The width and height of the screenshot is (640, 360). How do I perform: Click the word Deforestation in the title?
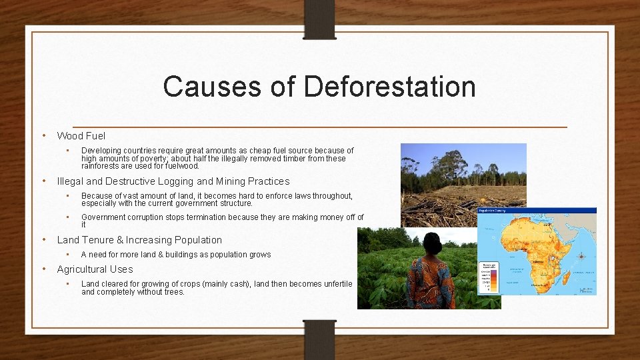[389, 87]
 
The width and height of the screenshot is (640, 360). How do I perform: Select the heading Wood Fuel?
[81, 136]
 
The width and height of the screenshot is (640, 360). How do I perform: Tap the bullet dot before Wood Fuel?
[43, 135]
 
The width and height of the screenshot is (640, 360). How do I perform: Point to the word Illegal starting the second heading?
[70, 181]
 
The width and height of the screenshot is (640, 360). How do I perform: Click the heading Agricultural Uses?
[95, 269]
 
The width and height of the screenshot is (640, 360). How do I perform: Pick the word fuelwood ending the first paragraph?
[181, 166]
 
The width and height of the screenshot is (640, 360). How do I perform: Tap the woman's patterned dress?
[430, 283]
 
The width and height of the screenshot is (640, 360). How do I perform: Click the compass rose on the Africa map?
[581, 256]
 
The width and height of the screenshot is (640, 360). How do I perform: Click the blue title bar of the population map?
[537, 211]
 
